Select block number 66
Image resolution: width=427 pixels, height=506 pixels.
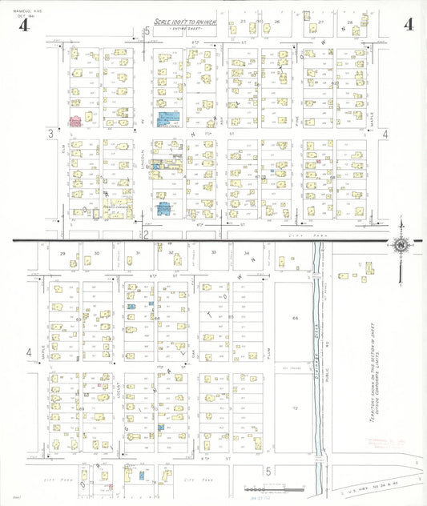pos(295,319)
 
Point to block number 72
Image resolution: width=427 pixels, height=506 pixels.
pos(295,408)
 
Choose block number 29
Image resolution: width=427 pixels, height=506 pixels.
pos(62,253)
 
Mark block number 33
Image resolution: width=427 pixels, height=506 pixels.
pos(213,253)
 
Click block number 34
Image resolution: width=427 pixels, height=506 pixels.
pos(247,253)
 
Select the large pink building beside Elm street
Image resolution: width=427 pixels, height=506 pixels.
pos(76,121)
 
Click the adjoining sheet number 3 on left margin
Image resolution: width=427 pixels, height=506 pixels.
pos(50,133)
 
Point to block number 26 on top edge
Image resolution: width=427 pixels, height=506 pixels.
pos(277,22)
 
